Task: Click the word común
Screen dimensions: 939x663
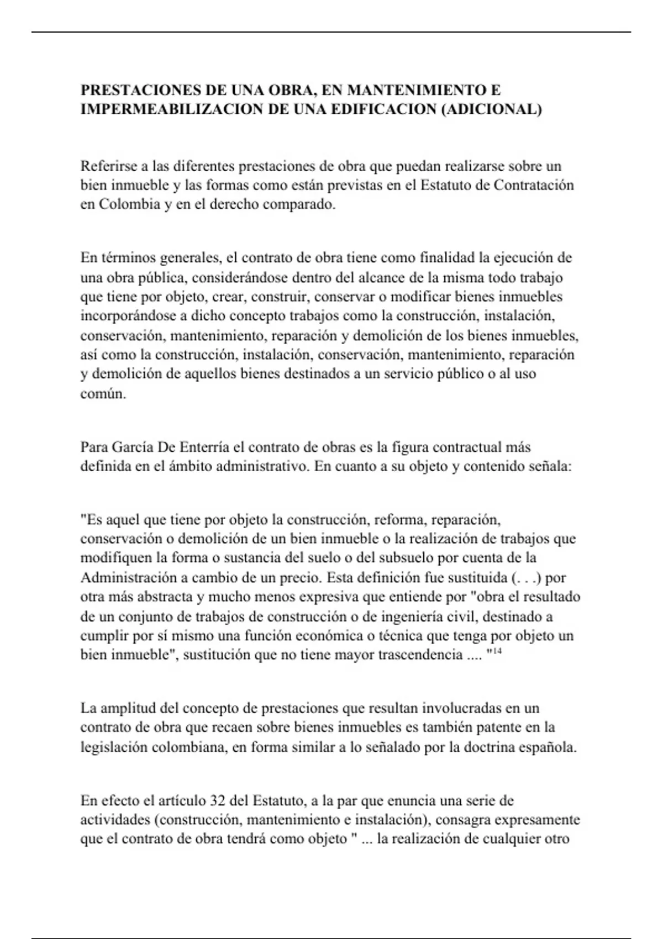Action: click(103, 394)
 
